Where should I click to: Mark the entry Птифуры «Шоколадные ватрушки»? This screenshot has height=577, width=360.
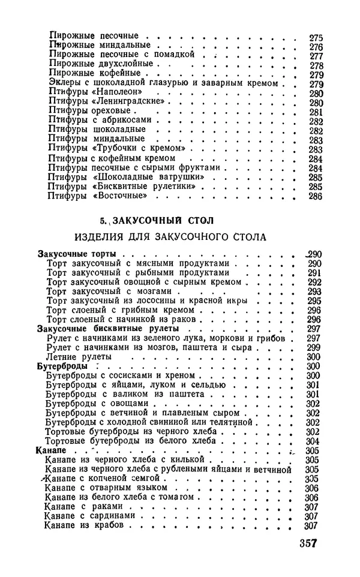[x=128, y=177]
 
